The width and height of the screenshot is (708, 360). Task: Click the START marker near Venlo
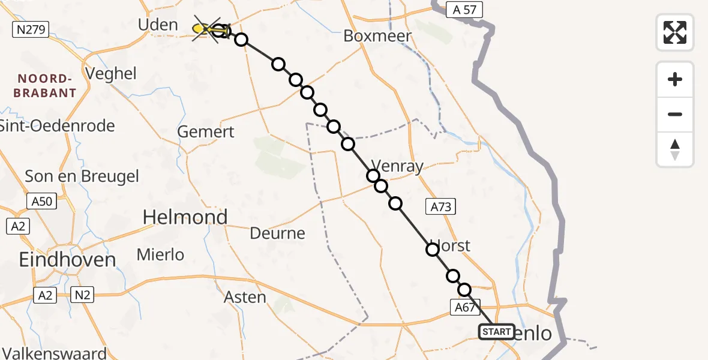[x=496, y=331]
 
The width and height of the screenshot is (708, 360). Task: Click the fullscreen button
[x=675, y=32]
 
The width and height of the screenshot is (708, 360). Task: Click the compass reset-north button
[x=675, y=149]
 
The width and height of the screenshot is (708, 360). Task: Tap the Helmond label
[x=185, y=217]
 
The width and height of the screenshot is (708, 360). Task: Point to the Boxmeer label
[x=377, y=36]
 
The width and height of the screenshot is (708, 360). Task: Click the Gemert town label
[x=206, y=132]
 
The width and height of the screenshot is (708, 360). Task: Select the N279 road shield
[x=31, y=29]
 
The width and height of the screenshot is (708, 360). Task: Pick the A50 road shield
[x=42, y=202]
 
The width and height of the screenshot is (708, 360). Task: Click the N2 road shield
[x=83, y=295]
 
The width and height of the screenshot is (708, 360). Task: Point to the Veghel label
[x=111, y=74]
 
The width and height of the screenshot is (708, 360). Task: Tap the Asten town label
[x=245, y=296]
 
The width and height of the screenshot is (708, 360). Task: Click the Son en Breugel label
[x=82, y=176]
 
